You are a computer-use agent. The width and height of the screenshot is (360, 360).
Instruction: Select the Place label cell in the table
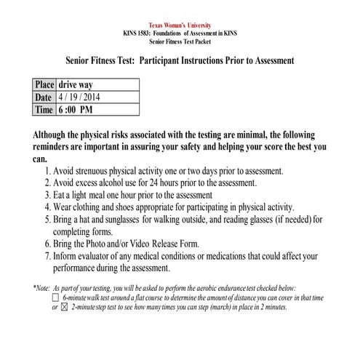[44, 84]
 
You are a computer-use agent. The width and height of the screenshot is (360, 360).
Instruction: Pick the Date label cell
[44, 97]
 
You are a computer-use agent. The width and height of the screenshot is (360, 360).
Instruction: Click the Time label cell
[44, 110]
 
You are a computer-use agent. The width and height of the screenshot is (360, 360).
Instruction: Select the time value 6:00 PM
[81, 110]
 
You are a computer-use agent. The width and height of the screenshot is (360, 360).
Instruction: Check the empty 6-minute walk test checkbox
[55, 297]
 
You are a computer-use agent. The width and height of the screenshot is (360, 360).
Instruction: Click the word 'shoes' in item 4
[143, 207]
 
